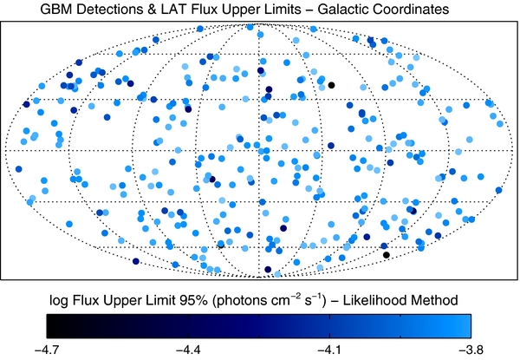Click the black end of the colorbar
(49, 325)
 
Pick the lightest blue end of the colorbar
(469, 325)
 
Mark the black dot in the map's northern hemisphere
(330, 85)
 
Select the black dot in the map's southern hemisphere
(386, 254)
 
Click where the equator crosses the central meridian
(259, 151)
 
